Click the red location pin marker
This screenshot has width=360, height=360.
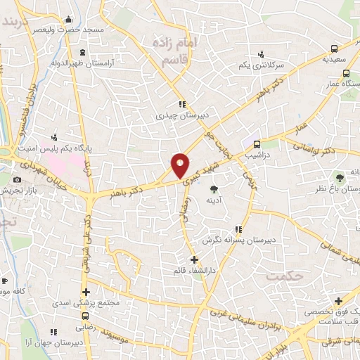[181, 165]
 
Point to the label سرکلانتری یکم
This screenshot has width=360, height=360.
[260, 65]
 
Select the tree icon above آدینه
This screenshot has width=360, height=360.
[214, 188]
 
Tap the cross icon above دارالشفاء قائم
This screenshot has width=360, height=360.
[195, 260]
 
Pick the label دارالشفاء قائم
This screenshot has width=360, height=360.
[194, 271]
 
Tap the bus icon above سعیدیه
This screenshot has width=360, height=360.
[335, 49]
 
